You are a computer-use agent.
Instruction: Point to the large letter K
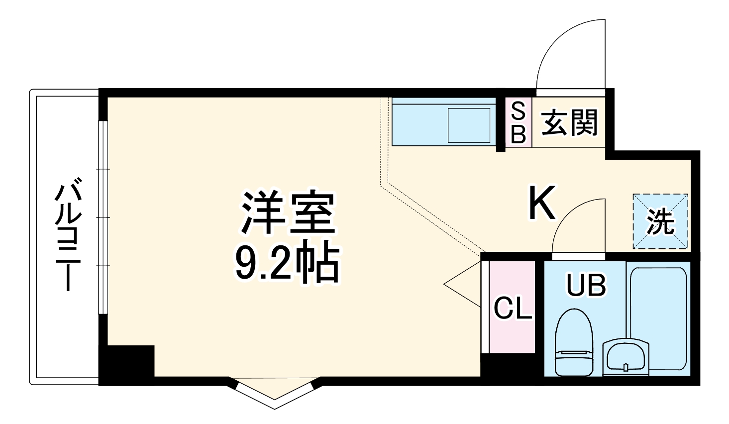tap(541, 204)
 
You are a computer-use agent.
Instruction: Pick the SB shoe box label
tap(518, 123)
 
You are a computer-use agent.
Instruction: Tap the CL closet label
tap(512, 310)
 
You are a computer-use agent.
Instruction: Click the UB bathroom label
tap(586, 286)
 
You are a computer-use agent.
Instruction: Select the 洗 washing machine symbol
tap(660, 221)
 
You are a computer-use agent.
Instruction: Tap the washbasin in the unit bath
tap(626, 356)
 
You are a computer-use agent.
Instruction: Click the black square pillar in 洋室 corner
tap(126, 363)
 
